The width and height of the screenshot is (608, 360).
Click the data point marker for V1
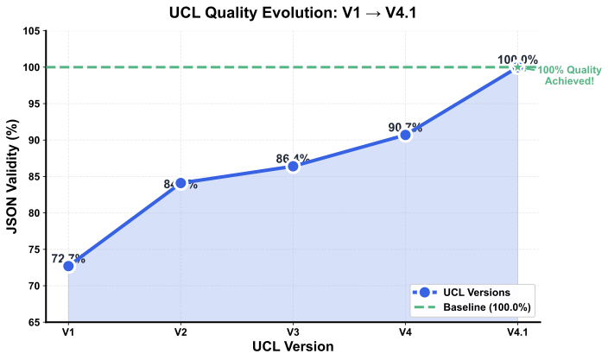click(x=68, y=266)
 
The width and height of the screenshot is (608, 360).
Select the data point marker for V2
click(x=180, y=183)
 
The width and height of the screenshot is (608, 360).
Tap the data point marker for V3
click(x=293, y=166)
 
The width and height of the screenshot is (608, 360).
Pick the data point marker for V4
click(x=405, y=135)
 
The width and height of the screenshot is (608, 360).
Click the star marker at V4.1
click(x=517, y=67)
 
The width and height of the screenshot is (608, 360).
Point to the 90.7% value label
click(x=406, y=127)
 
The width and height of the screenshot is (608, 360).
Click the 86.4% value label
click(x=294, y=158)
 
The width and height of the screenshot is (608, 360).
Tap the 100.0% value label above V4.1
click(x=517, y=60)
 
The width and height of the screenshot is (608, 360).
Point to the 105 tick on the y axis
click(x=31, y=31)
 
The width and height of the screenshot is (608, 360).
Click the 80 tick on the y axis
click(x=34, y=213)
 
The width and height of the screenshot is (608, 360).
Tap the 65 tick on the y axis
click(x=34, y=322)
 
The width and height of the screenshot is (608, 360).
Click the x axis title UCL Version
click(x=293, y=346)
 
